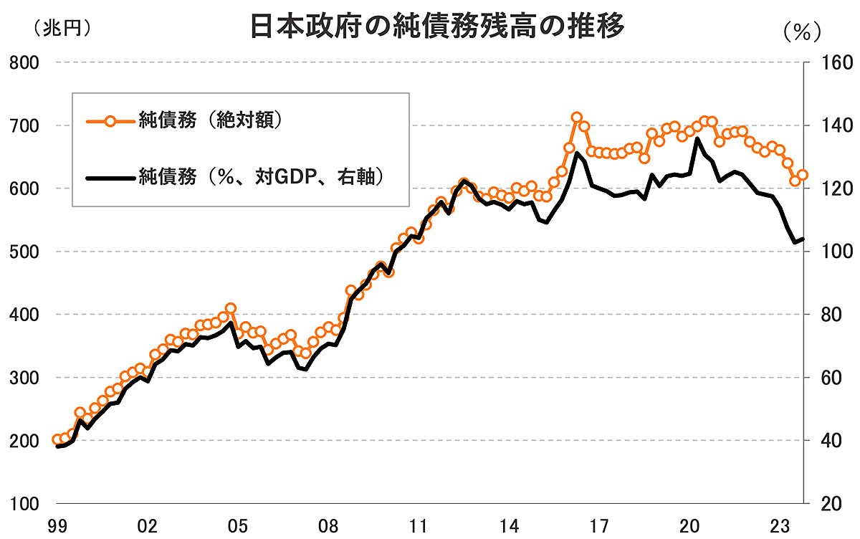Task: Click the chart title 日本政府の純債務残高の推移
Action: (x=438, y=27)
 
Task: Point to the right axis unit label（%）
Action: (x=801, y=32)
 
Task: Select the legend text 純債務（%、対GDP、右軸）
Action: (x=260, y=176)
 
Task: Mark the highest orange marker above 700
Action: (x=577, y=118)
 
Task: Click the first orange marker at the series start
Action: (x=57, y=440)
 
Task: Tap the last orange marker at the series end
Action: (x=803, y=174)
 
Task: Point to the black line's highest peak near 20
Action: (x=698, y=138)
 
